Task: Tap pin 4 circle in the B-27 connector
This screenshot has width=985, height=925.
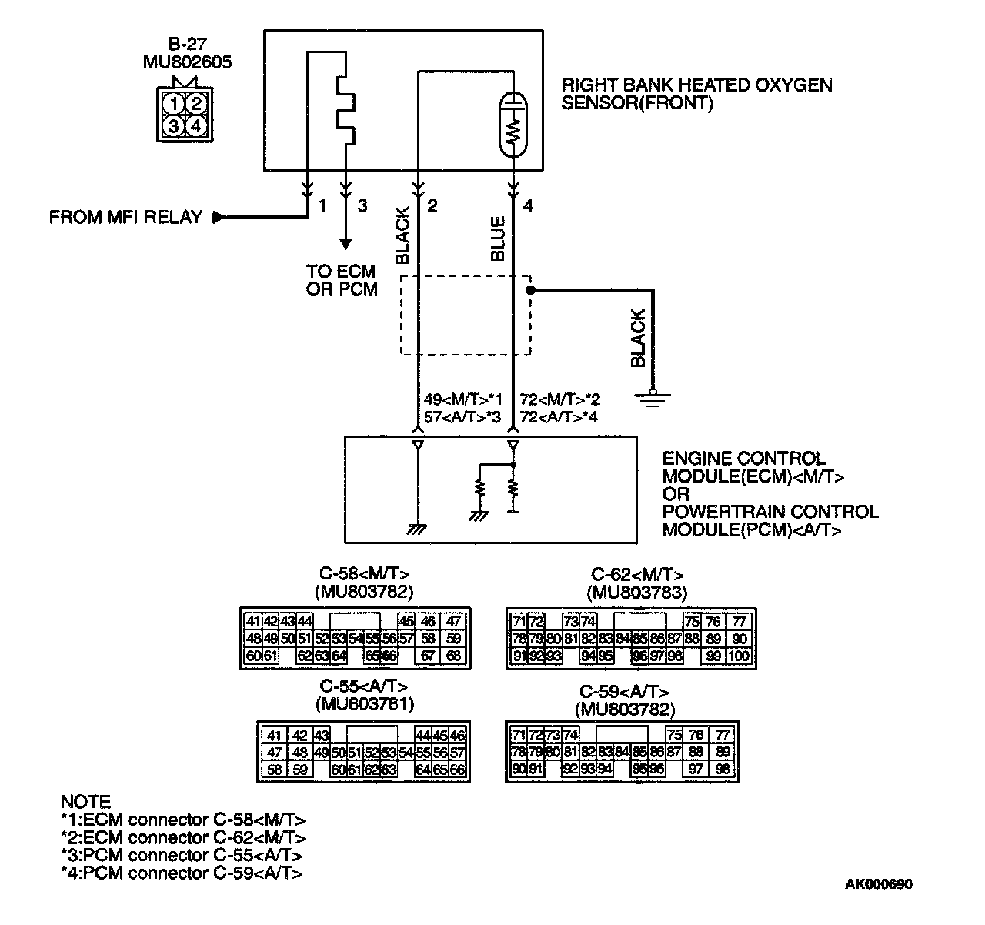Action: (x=197, y=125)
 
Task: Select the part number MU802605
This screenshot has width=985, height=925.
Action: (x=187, y=62)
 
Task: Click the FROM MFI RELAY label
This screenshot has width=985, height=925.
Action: (x=125, y=218)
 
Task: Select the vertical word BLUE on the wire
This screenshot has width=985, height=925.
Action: (x=498, y=239)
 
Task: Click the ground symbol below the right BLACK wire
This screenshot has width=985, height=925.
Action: (x=652, y=396)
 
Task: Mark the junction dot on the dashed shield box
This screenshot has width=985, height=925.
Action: (x=529, y=290)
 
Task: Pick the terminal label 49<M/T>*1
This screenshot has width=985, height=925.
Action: (x=462, y=400)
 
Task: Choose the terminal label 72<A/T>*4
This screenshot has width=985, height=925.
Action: (x=559, y=417)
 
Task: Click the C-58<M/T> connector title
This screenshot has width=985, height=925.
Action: (x=365, y=574)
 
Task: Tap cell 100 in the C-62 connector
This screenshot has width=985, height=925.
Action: (x=739, y=656)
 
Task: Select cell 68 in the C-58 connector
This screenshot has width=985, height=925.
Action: (x=453, y=656)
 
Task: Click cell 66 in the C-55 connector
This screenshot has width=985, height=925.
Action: (x=458, y=769)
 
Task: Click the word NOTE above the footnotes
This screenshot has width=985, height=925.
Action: (x=85, y=802)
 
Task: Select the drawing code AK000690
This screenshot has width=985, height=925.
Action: (x=878, y=884)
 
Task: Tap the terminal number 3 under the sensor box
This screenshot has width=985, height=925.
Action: (x=362, y=206)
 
